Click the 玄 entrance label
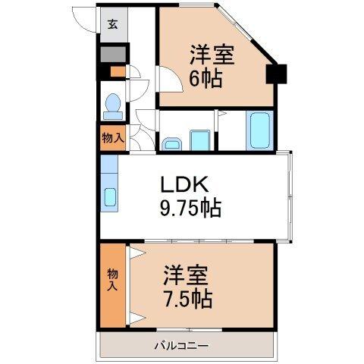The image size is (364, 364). pyautogui.click(x=113, y=24)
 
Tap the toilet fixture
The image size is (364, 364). pyautogui.click(x=113, y=106)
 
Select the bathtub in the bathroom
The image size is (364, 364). pyautogui.click(x=259, y=130)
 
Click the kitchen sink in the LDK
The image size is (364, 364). pyautogui.click(x=110, y=197)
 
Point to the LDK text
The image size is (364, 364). pyautogui.click(x=184, y=184)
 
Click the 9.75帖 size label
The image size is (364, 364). pyautogui.click(x=191, y=209)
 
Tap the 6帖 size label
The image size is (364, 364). pyautogui.click(x=206, y=78)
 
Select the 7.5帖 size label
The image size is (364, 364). pyautogui.click(x=187, y=299)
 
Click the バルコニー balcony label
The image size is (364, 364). pyautogui.click(x=182, y=345)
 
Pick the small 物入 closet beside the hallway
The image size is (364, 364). pyautogui.click(x=113, y=138)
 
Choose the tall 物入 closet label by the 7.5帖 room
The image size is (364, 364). pyautogui.click(x=112, y=280)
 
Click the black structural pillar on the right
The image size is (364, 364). pyautogui.click(x=276, y=74)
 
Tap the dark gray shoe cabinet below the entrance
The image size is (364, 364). pyautogui.click(x=113, y=54)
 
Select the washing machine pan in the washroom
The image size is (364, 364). pyautogui.click(x=200, y=140)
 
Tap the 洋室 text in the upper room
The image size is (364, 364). pyautogui.click(x=212, y=55)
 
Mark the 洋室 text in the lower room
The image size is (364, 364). pyautogui.click(x=186, y=275)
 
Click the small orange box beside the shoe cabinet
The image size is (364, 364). pyautogui.click(x=118, y=72)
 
